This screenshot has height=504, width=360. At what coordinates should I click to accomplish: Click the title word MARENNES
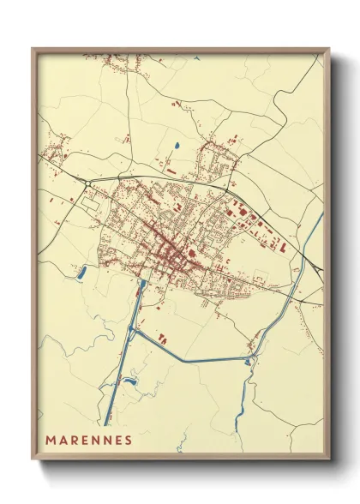click(x=88, y=441)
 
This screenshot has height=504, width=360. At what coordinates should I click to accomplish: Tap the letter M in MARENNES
click(x=50, y=441)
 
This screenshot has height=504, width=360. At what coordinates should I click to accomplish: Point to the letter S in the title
click(x=128, y=441)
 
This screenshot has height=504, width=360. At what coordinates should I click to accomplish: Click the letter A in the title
click(x=62, y=441)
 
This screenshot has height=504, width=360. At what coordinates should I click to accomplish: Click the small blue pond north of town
click(x=177, y=146)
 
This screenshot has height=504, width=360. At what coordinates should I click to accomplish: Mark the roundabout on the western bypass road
click(x=88, y=183)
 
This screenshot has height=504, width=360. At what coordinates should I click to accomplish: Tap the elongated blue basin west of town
click(x=82, y=273)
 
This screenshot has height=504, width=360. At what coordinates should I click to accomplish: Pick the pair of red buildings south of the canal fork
click(x=162, y=336)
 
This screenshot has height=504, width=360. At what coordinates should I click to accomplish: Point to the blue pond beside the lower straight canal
click(x=130, y=380)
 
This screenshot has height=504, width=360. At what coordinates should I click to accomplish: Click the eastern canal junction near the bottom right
click(x=252, y=353)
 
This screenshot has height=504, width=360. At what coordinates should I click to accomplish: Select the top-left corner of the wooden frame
click(x=33, y=49)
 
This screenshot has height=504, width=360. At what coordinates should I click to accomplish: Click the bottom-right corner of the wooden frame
click(x=328, y=461)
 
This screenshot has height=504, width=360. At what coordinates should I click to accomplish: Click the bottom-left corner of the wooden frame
click(x=33, y=460)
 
